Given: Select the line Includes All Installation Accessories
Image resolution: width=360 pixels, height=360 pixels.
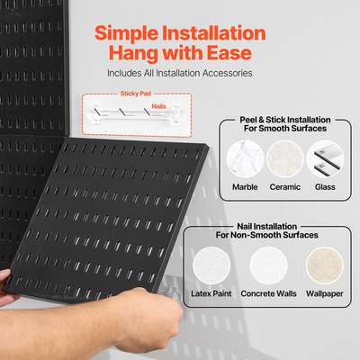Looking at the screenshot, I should (x=179, y=73).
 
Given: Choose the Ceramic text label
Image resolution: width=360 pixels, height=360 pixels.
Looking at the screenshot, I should (x=284, y=187).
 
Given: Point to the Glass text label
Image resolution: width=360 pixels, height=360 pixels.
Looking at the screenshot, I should (x=324, y=187).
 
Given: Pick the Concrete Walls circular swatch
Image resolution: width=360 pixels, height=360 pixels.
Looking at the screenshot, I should (x=268, y=267).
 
